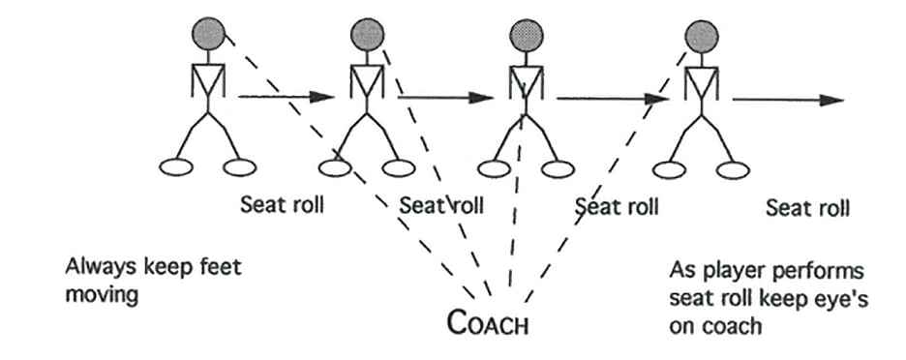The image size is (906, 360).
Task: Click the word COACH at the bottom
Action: [x=489, y=323]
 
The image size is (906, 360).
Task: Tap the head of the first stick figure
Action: [x=209, y=36]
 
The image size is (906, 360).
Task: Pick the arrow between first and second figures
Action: [x=286, y=97]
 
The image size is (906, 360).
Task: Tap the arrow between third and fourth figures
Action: [x=606, y=98]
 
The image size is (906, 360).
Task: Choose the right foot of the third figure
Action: [x=558, y=169]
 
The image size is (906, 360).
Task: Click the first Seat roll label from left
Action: [x=281, y=205]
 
